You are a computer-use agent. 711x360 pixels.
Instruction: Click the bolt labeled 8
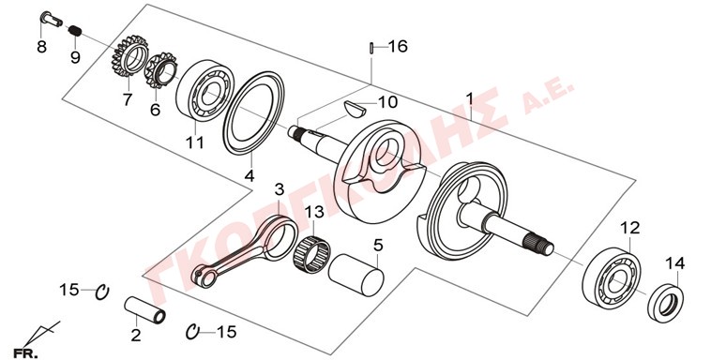tap(52, 19)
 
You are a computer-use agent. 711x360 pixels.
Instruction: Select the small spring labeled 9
tap(76, 31)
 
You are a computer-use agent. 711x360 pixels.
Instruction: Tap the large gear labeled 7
tap(130, 55)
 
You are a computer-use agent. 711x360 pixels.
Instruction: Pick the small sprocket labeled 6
tap(161, 69)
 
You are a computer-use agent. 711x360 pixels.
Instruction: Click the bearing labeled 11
tap(204, 91)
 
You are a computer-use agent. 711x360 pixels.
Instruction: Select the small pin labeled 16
tap(371, 47)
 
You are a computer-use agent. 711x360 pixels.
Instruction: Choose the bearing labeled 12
tap(612, 277)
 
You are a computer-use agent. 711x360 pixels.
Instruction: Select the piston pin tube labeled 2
tap(144, 309)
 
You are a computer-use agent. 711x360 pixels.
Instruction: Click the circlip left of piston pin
tap(101, 292)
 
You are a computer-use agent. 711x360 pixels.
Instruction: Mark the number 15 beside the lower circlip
tap(227, 332)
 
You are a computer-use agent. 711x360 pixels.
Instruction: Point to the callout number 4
tap(250, 175)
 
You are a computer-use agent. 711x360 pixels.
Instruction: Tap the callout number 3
tap(280, 189)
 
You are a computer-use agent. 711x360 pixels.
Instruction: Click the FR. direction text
tap(26, 353)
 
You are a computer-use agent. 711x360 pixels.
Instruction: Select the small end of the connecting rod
tap(205, 277)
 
